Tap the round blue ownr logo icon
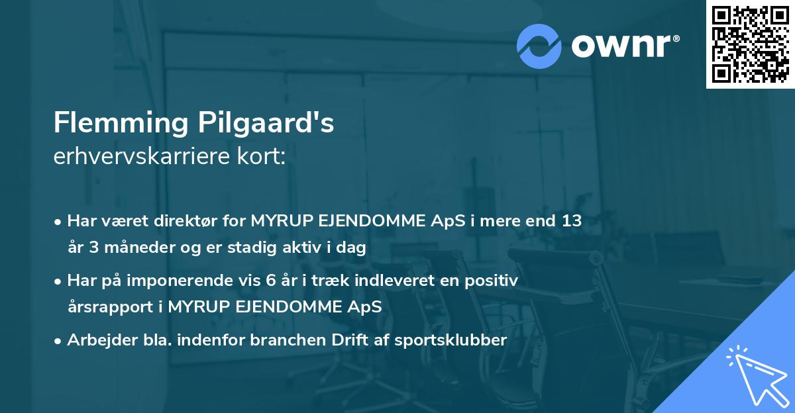[539, 46]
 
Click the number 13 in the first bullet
[572, 221]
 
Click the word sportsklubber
[450, 340]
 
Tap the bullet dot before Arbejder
[58, 341]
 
